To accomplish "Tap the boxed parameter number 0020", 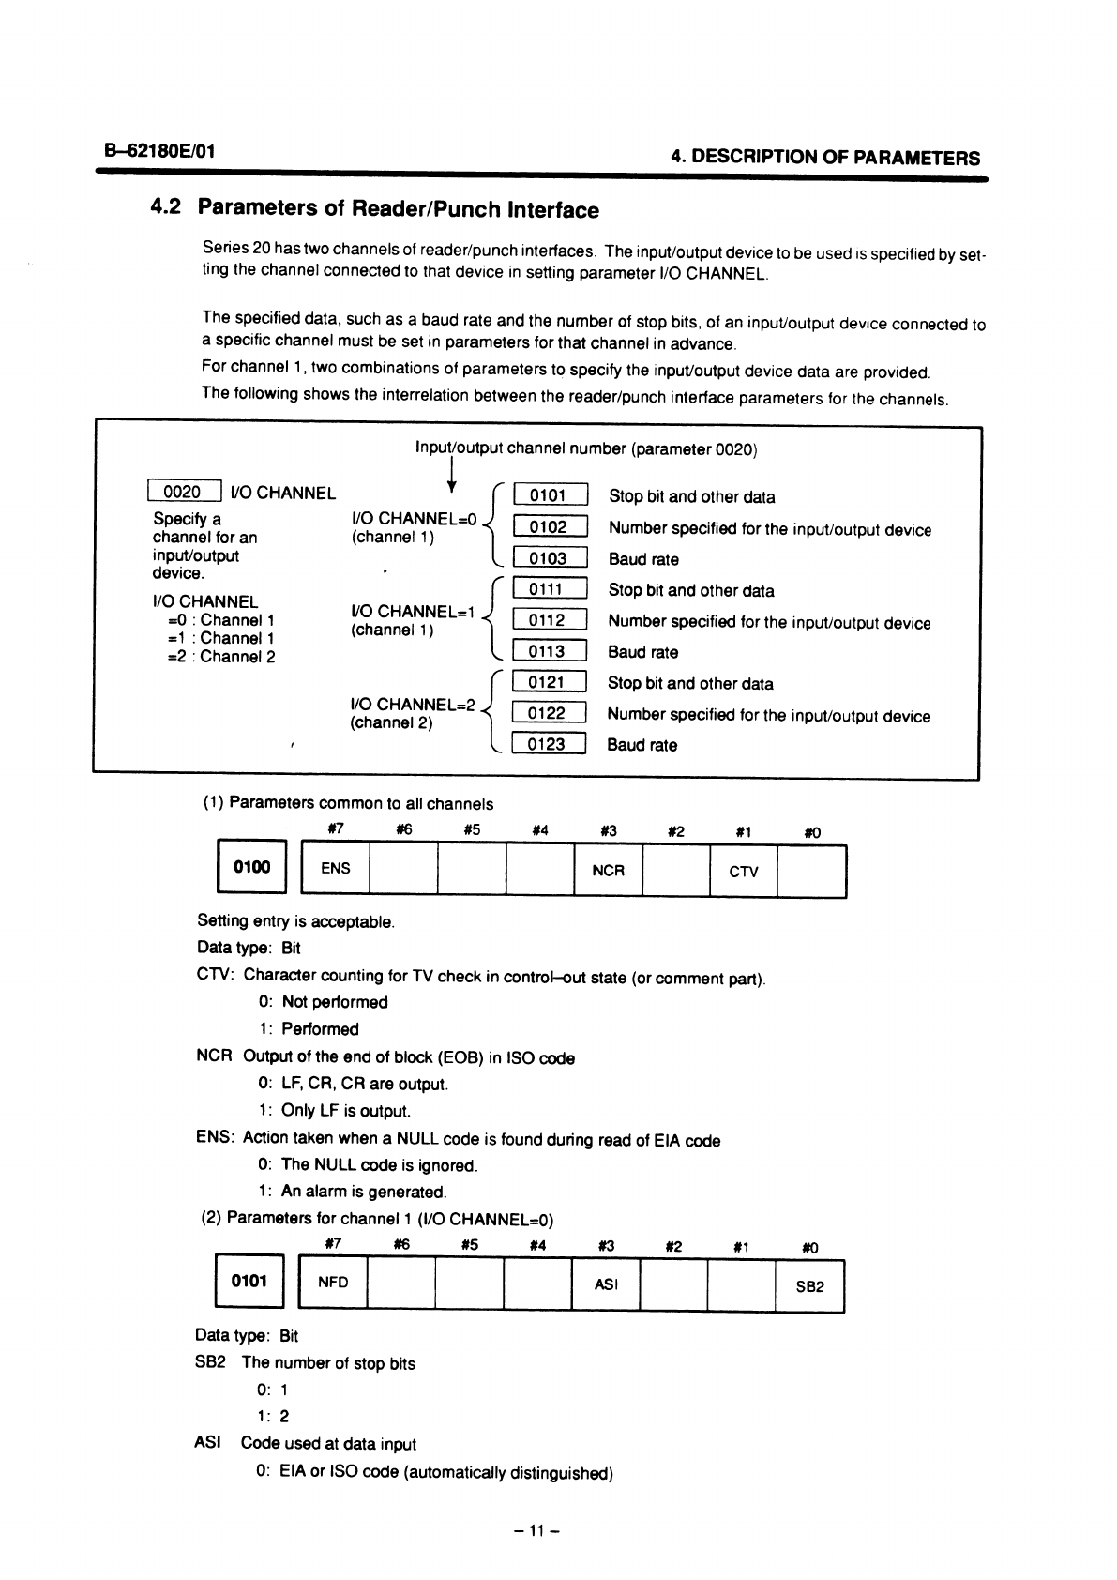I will tap(184, 492).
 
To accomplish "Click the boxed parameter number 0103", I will tap(549, 558).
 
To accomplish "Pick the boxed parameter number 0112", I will tap(549, 620).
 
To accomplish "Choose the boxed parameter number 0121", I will tap(549, 682).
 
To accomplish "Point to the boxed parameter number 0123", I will tap(549, 744).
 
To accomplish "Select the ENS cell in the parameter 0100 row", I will tap(335, 869).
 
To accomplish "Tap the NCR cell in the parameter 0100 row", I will tap(608, 871).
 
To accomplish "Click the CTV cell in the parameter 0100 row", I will tap(744, 871).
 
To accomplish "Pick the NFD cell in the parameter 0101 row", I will tap(333, 1282).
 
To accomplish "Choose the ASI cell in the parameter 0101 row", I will tap(606, 1284).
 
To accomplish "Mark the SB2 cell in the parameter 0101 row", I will tap(809, 1285).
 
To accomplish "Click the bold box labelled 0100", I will tap(251, 868).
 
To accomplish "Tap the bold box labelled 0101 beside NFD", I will tap(249, 1281).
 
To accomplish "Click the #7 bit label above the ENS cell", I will tap(334, 829).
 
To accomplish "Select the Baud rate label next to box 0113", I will tap(643, 652).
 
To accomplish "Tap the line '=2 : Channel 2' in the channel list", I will tap(220, 657).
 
